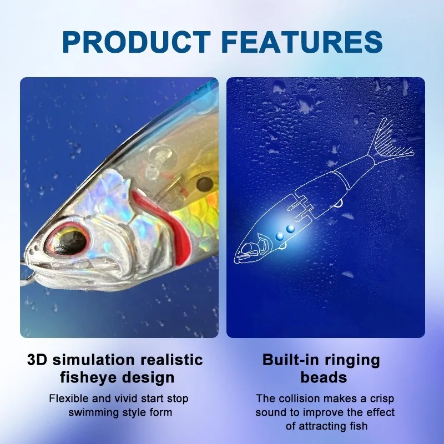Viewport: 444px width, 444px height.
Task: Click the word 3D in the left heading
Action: click(38, 359)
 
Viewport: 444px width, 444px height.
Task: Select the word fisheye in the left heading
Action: click(83, 378)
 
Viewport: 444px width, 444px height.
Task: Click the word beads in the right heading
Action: click(324, 378)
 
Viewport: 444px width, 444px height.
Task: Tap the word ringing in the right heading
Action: click(354, 359)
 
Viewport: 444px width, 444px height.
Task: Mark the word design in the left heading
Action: click(147, 378)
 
